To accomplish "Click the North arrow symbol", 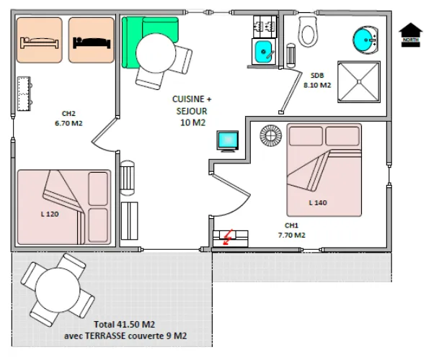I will [411, 33].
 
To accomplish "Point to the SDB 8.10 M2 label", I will [316, 80].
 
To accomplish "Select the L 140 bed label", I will [317, 202].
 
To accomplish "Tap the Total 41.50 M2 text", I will [128, 325].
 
